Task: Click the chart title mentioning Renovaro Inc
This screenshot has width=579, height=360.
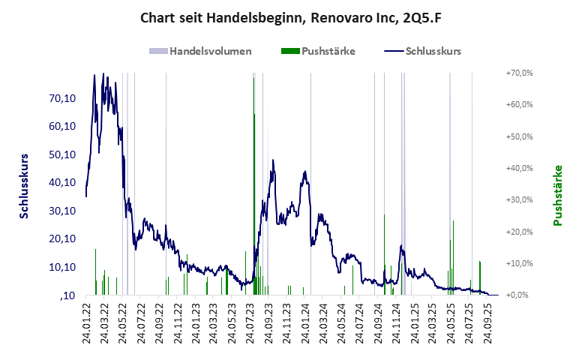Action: click(289, 16)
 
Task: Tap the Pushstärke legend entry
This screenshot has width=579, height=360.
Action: click(328, 52)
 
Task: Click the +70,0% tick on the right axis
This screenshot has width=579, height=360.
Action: click(519, 73)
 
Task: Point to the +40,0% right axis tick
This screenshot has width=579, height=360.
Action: click(519, 168)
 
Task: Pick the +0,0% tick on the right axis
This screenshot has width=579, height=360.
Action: click(519, 295)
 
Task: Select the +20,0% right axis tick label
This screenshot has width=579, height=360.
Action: click(519, 232)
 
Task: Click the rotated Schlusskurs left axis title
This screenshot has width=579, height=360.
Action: click(25, 184)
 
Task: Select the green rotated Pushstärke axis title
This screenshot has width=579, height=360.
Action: click(558, 196)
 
